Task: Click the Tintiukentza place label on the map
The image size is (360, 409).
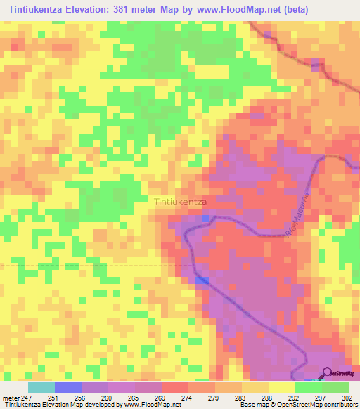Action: pos(180,202)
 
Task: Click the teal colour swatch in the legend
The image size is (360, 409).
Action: pos(41,387)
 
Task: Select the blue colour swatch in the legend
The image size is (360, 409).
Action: pos(68,387)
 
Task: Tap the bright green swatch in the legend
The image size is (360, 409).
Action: pos(309,387)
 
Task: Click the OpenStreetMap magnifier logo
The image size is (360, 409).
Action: pos(327,375)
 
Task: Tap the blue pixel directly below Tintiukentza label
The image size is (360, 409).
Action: pos(205,219)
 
